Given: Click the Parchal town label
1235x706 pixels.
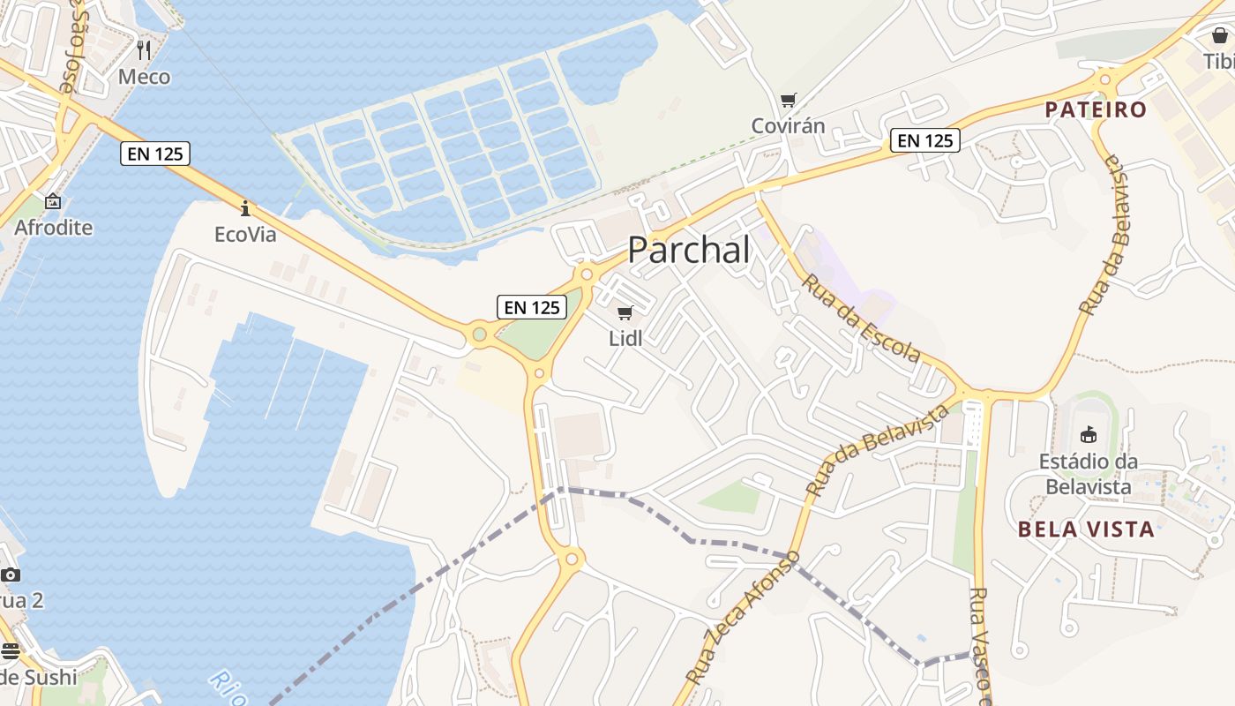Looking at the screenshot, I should (x=689, y=251).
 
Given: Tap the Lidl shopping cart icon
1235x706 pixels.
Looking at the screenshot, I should (x=625, y=312).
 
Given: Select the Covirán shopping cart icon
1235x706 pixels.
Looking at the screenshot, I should (x=788, y=101).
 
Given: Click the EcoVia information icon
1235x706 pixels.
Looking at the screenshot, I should (x=245, y=208).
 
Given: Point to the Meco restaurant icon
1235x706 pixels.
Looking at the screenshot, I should (x=144, y=50).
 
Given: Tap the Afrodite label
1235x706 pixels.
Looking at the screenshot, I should (x=53, y=228).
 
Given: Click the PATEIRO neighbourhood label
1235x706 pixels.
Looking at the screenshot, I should (x=1096, y=110).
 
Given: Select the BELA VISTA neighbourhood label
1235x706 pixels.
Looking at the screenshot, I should (x=1086, y=529).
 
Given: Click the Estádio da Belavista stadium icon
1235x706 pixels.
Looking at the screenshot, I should (x=1088, y=434).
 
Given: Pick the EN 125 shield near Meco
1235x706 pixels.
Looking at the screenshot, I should (x=155, y=154).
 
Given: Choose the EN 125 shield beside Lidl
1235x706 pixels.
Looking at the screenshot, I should (x=532, y=307).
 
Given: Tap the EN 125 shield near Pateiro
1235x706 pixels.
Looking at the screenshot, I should (x=924, y=139).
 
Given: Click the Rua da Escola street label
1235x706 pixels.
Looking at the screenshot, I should (x=861, y=319).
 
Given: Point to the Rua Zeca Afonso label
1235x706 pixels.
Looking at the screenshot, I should (x=743, y=618).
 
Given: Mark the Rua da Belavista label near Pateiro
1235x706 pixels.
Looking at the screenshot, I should (x=1104, y=236).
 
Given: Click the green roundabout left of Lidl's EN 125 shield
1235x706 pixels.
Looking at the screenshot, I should (x=479, y=334).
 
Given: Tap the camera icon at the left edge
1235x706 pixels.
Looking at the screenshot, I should (x=11, y=575).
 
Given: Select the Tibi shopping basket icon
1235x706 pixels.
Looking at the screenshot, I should (x=1219, y=35).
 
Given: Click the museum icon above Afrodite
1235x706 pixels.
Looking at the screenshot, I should (x=53, y=201).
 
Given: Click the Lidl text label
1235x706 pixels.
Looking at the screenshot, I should (x=625, y=338).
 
